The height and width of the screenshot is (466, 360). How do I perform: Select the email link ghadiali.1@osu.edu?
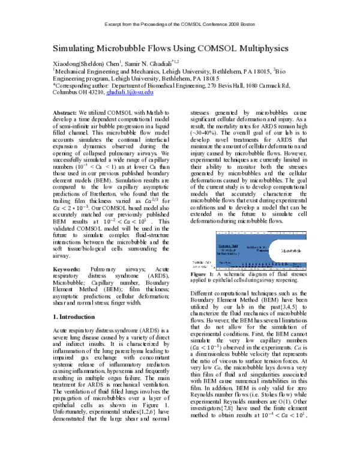[137, 92]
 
